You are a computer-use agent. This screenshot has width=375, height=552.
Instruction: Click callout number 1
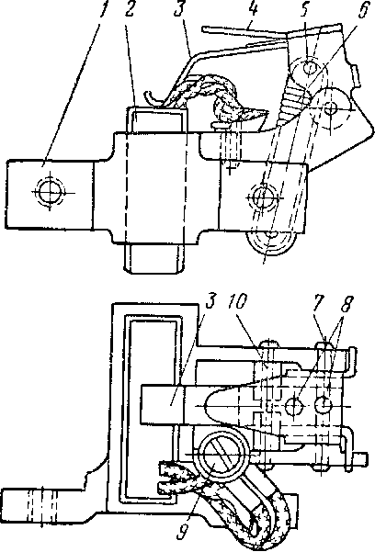click(x=103, y=9)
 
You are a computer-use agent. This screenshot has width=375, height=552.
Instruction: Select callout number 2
click(x=130, y=9)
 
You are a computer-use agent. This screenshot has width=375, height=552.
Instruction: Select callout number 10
click(x=237, y=302)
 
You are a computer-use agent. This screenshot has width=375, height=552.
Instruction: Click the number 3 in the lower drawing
click(x=210, y=302)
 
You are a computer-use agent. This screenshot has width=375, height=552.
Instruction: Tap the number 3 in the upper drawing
click(x=180, y=9)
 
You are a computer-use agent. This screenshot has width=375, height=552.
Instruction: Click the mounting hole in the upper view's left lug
click(x=50, y=192)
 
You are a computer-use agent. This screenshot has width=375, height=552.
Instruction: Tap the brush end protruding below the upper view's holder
click(x=154, y=258)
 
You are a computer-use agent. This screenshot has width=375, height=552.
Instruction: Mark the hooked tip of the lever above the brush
click(x=150, y=96)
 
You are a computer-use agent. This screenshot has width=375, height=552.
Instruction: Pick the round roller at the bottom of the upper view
click(x=270, y=243)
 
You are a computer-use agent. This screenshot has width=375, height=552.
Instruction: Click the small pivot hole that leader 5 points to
click(x=310, y=66)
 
